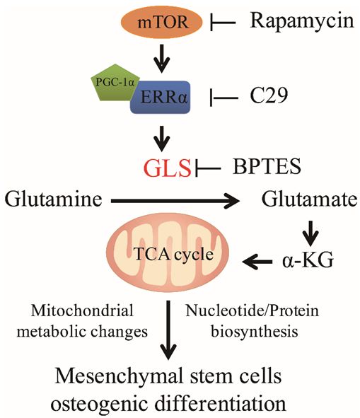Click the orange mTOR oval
point(162,22)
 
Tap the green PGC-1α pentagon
point(114,82)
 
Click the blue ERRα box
point(161,98)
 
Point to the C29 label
point(269,95)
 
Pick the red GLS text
point(168,168)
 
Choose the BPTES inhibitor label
point(267,167)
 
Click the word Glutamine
point(53,199)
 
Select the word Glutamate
point(309,199)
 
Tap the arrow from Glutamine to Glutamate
point(175,201)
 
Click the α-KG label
point(308,260)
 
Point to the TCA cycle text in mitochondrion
point(174,255)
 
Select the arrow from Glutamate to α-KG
point(310,233)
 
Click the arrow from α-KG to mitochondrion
point(257,262)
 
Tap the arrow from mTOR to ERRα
point(161,59)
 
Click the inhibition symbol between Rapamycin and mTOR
point(223,23)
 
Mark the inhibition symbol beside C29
point(224,98)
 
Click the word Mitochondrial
point(82,310)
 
